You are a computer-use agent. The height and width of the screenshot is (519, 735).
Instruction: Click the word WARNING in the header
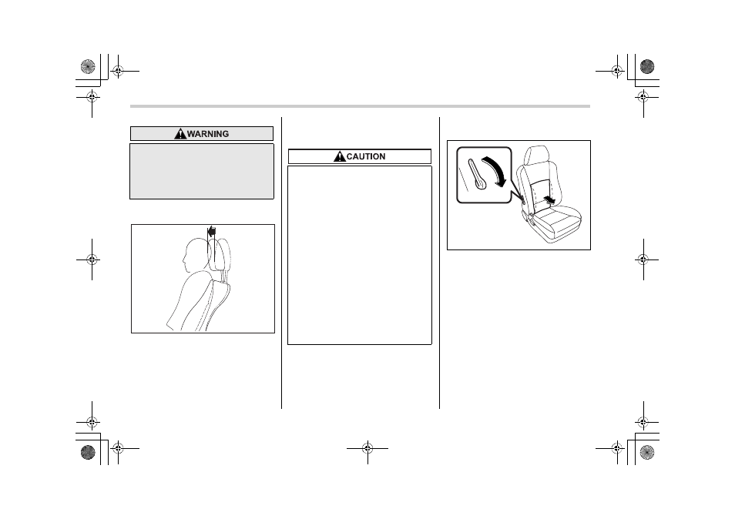[208, 134]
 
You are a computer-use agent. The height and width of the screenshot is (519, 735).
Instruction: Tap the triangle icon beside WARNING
[180, 134]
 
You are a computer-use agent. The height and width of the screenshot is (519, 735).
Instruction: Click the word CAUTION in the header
[366, 156]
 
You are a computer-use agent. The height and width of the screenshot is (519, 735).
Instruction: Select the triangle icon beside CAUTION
[340, 156]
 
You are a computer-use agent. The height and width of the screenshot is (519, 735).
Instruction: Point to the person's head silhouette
[196, 255]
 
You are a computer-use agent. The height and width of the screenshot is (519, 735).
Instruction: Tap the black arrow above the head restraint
[212, 231]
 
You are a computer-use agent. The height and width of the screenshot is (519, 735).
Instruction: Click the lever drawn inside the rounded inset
[478, 175]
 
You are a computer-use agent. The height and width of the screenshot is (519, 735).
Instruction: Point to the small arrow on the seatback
[550, 200]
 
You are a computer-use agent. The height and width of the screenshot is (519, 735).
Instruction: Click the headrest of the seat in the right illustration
[537, 156]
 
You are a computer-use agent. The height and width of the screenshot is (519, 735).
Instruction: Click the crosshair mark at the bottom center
[367, 449]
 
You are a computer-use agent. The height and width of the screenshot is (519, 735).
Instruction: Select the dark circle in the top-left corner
[88, 66]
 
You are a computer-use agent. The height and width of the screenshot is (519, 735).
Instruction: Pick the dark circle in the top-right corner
[647, 66]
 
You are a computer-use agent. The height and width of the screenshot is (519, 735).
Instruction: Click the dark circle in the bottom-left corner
[88, 452]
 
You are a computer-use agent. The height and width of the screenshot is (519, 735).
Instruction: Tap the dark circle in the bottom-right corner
[647, 452]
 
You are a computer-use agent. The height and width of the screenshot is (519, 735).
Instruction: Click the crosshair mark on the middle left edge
[92, 259]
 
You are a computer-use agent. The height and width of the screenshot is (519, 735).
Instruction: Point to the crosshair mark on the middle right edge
[643, 259]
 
